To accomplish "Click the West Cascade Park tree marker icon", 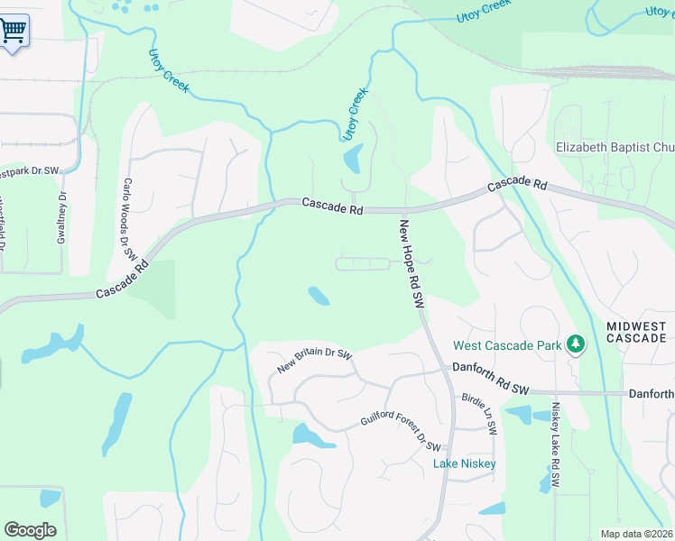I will point(575,344).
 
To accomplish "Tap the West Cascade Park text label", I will point(507,345).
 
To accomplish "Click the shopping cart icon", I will point(13,31).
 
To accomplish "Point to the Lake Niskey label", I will point(464,463).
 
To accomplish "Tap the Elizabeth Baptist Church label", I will point(615,147).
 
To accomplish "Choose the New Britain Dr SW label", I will point(314,361).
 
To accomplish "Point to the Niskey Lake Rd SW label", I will point(556,446).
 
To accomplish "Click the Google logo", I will point(30,530).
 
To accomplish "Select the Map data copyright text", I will point(637,534).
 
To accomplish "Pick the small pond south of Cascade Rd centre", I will point(318,295).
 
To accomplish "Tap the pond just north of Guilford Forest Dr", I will point(313,436).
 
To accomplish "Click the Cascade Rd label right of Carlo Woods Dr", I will point(332,206).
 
